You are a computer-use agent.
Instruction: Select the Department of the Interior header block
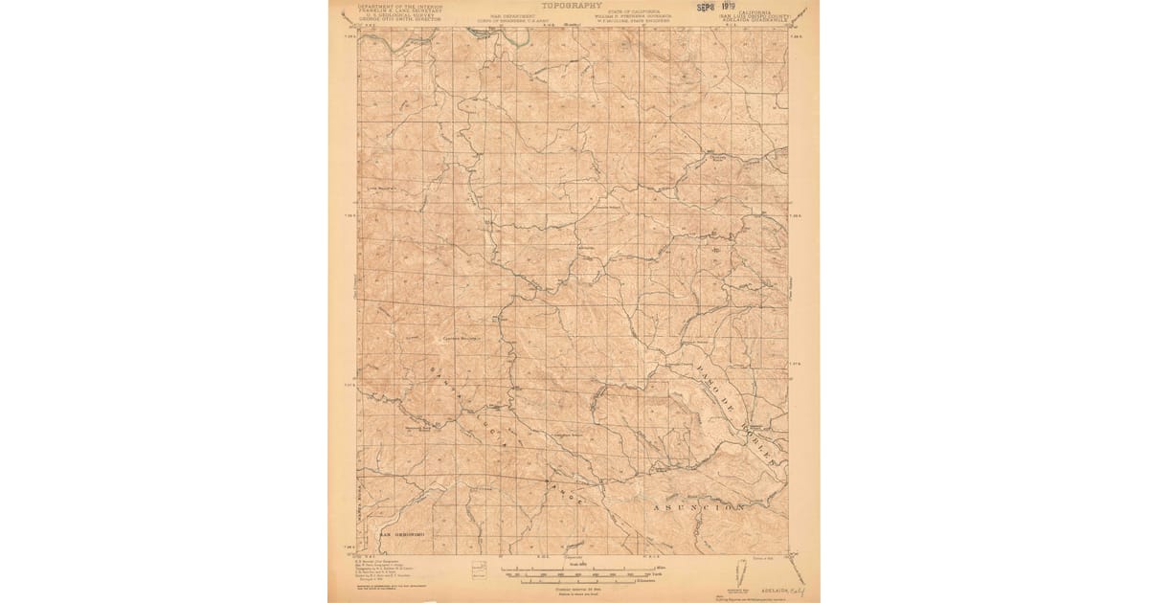[401, 12]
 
